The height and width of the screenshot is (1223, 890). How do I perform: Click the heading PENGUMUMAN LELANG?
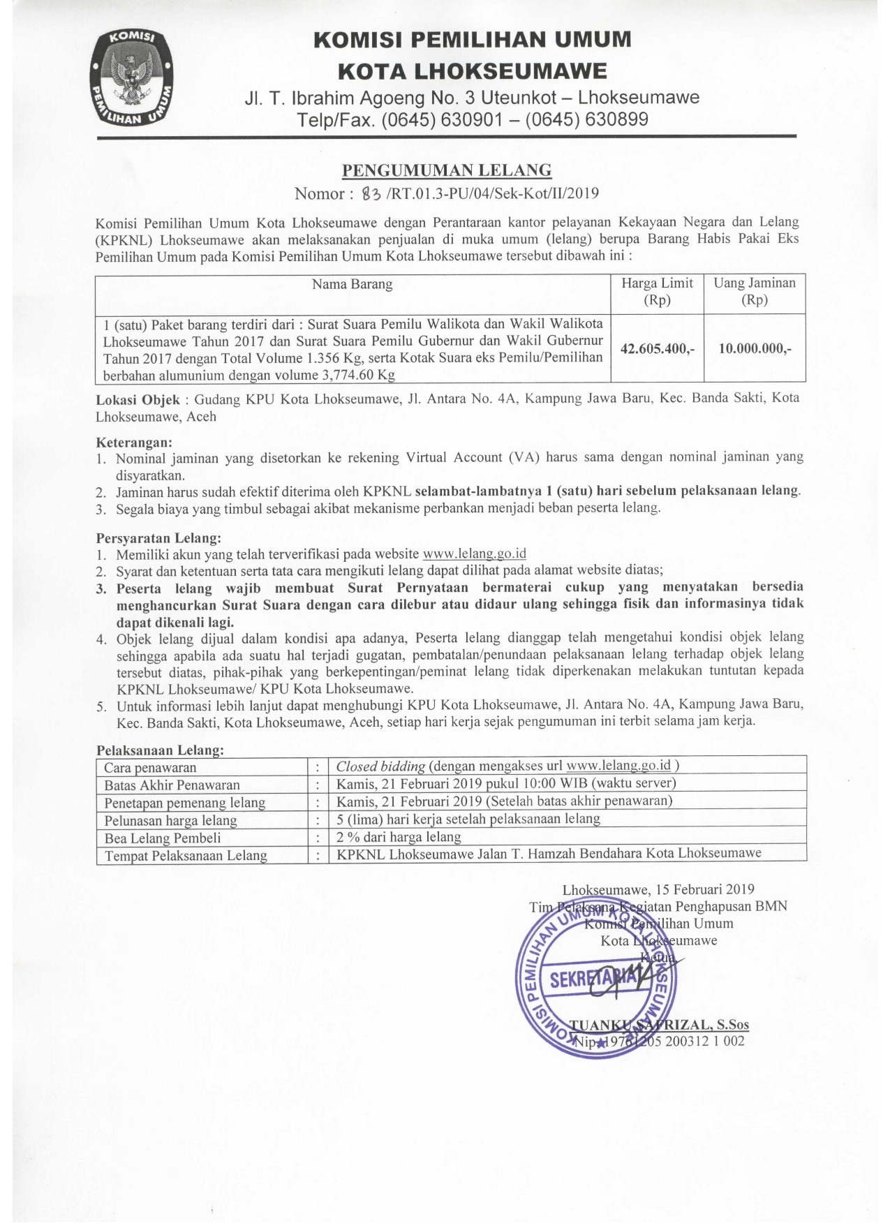[446, 170]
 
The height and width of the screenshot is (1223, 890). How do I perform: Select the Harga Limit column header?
[657, 292]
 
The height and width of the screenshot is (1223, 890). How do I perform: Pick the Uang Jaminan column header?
[754, 292]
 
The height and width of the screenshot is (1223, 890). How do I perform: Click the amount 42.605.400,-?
[657, 348]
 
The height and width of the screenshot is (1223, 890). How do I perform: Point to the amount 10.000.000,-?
[755, 348]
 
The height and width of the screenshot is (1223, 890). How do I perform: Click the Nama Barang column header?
[352, 284]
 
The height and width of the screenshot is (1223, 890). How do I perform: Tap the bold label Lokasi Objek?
[138, 399]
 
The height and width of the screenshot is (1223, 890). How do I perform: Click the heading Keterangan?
[133, 443]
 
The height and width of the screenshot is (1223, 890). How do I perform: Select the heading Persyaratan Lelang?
[158, 538]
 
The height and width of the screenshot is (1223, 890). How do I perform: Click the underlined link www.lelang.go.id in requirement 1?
[475, 554]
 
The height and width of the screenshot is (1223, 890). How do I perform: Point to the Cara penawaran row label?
[150, 768]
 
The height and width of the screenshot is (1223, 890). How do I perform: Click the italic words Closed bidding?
[380, 766]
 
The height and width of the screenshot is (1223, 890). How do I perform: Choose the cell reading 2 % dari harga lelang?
[399, 836]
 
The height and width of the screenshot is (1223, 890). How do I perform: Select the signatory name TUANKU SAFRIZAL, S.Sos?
[659, 1025]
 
